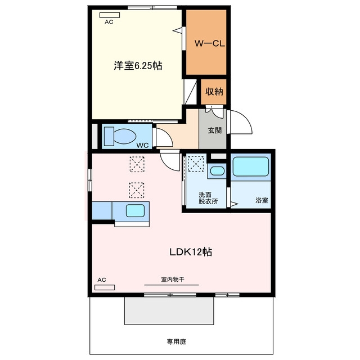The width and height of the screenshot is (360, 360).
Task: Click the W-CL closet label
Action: tap(210, 44)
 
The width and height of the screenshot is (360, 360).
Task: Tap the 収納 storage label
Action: tap(214, 92)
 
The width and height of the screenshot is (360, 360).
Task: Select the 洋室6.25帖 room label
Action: tap(138, 66)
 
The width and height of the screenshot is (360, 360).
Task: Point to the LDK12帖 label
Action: tap(191, 252)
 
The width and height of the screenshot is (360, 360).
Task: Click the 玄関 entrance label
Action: tap(215, 130)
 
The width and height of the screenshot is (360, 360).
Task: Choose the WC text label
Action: tap(142, 145)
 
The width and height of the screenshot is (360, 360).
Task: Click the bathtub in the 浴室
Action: tap(251, 166)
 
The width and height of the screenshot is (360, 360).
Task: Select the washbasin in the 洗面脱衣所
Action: tap(217, 171)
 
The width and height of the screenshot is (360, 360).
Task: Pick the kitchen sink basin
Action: tap(135, 211)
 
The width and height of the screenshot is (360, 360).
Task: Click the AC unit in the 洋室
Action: tap(110, 15)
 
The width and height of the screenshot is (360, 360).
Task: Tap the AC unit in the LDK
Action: tap(105, 287)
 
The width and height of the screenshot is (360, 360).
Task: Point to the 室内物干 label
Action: tap(173, 280)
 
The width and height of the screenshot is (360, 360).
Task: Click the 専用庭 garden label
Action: tap(176, 341)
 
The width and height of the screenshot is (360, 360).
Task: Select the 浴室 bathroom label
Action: tap(262, 200)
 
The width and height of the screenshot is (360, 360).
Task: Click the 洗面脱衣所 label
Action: tap(208, 198)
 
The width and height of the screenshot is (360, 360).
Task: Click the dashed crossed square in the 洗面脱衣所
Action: tap(196, 164)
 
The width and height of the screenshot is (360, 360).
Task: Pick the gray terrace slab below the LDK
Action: tap(169, 310)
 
